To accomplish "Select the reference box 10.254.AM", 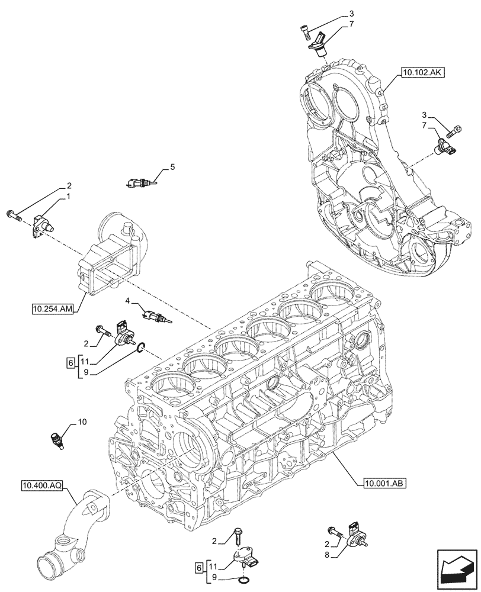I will pos(53,308).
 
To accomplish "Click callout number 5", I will pos(172,168).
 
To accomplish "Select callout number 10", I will pos(82,422).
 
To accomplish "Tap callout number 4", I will pos(127,301).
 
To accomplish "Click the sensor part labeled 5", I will pos(140,183).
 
